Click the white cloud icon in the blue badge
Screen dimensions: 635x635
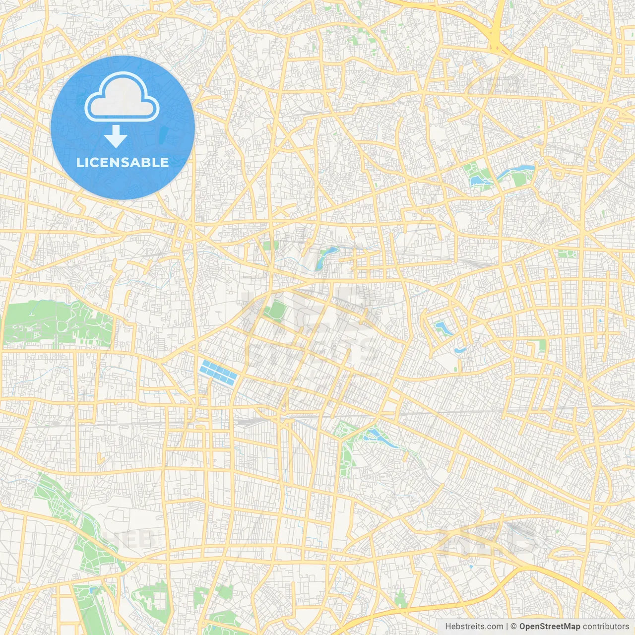[122, 97]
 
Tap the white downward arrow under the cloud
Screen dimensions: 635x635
[116, 136]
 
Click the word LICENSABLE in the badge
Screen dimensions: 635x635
[123, 162]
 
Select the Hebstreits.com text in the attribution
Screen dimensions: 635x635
[474, 627]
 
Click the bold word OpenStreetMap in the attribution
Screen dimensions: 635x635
[550, 627]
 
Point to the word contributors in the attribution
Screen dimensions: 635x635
[606, 627]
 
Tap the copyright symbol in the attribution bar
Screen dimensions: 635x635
[513, 627]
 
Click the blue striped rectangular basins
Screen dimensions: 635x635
[218, 373]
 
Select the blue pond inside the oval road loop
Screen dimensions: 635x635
[440, 327]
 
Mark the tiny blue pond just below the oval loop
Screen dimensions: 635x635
[460, 350]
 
